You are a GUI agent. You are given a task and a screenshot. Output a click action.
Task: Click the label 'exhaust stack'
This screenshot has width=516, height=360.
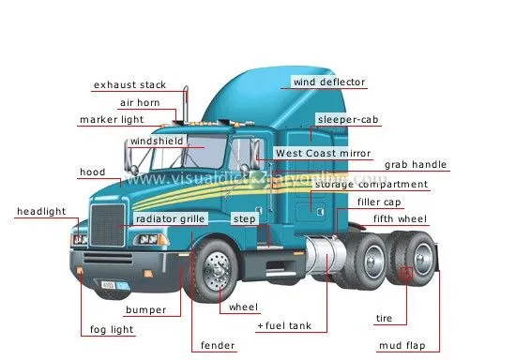coord(129,85)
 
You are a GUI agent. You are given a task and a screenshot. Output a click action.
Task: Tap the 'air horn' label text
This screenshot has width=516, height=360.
coord(142,103)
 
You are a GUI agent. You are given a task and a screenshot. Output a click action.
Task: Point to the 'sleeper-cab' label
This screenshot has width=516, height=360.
coord(347,120)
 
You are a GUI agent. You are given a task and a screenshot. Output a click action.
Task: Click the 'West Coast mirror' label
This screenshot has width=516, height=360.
coord(323,153)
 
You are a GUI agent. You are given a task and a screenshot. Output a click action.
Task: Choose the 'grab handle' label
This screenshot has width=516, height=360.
coord(416,165)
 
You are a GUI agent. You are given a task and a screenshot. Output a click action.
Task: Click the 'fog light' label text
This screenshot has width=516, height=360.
coord(109,330)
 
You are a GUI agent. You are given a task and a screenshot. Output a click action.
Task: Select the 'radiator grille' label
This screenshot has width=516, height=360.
coord(170,218)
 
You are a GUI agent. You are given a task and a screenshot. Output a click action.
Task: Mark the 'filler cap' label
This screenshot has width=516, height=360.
coord(378,202)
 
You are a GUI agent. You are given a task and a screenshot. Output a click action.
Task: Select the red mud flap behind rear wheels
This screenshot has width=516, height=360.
coord(406,275)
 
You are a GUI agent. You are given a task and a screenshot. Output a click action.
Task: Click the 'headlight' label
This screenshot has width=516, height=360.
coord(40,212)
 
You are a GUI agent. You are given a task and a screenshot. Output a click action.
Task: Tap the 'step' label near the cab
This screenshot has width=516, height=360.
coord(244,218)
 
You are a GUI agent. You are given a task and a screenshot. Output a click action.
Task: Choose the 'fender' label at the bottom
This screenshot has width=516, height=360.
coord(218,346)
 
